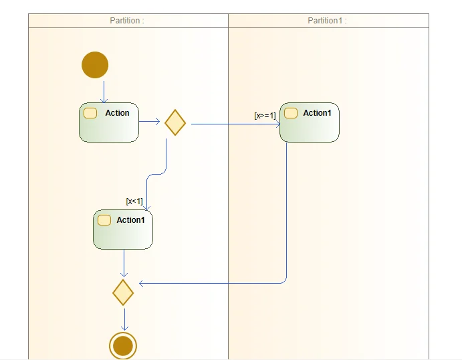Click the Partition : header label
[x=127, y=21]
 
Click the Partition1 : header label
[x=327, y=21]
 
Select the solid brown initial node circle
[x=95, y=65]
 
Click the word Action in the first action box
[x=117, y=113]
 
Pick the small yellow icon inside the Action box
[x=90, y=113]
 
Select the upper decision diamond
[x=175, y=122]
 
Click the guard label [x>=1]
[x=265, y=116]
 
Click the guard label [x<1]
[x=134, y=201]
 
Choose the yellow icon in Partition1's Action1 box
[x=291, y=113]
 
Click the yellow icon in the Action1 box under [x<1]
[x=104, y=220]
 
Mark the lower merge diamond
[x=123, y=292]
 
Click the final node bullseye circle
[x=123, y=346]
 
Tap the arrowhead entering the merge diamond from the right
[x=142, y=284]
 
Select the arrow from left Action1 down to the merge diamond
[x=124, y=263]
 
